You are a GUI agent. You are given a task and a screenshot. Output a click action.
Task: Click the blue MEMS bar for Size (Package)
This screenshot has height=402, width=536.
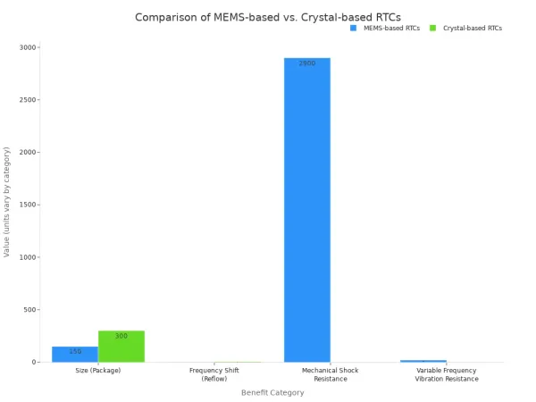tap(75, 354)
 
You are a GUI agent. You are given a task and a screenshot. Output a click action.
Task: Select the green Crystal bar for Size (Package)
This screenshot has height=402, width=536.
tap(121, 347)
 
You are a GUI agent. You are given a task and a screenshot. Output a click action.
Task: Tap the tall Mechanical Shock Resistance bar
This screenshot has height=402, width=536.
tap(307, 210)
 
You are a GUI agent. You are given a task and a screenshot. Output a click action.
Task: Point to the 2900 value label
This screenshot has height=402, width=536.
tap(307, 63)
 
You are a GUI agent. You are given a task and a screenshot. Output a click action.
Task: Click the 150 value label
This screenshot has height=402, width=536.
tap(75, 351)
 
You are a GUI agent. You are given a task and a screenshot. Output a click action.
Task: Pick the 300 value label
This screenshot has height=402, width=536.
tap(121, 336)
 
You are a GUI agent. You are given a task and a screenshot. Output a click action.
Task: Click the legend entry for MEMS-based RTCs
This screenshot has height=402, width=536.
tap(385, 28)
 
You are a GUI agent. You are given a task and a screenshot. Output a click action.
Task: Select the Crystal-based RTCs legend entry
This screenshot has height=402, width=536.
tap(466, 28)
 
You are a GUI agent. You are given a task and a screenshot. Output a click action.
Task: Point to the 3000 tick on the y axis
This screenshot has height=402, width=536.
tap(29, 47)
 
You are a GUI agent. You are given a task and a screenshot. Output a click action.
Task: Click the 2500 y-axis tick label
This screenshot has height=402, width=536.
tap(29, 100)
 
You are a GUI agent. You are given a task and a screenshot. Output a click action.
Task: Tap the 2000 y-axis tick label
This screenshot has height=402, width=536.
tap(29, 153)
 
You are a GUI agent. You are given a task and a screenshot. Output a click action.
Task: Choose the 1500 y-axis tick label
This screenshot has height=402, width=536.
tap(29, 205)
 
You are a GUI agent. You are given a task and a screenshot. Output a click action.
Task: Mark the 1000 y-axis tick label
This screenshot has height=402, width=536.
tap(29, 257)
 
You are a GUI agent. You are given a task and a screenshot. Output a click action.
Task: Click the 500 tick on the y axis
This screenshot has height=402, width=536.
tap(30, 310)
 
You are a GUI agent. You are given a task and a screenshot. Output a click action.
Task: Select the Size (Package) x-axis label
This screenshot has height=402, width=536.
tap(98, 370)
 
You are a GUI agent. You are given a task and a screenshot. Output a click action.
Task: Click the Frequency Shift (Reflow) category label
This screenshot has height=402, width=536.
tap(214, 374)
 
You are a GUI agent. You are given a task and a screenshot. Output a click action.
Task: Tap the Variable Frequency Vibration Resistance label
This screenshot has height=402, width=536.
tap(447, 374)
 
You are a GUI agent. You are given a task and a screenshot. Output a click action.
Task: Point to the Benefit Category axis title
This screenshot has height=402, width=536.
tap(272, 392)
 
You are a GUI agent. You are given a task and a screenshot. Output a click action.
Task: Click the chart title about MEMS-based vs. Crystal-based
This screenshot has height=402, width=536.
tap(268, 17)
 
